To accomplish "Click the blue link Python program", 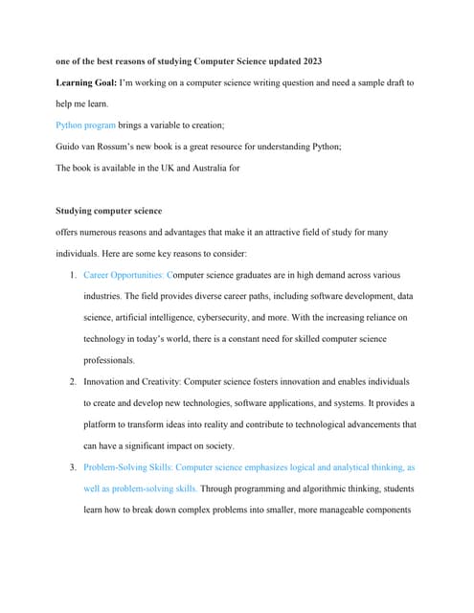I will pyautogui.click(x=86, y=125).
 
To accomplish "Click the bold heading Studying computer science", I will pyautogui.click(x=109, y=210).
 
